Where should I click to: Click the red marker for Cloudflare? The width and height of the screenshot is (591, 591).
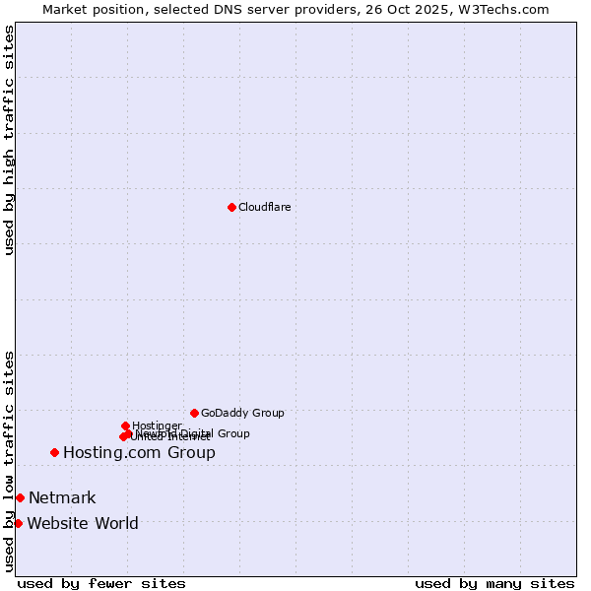click(x=231, y=207)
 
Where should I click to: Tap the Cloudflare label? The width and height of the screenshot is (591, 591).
click(x=264, y=207)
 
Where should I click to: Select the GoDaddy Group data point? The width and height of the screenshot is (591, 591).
click(x=194, y=413)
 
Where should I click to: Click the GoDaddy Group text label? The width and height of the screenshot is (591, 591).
click(x=242, y=413)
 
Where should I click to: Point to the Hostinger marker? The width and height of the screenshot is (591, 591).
click(x=125, y=426)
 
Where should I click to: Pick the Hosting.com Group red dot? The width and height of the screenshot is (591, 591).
click(x=54, y=452)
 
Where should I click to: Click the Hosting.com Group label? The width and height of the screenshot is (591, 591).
click(x=139, y=453)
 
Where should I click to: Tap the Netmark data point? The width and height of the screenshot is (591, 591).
click(x=20, y=497)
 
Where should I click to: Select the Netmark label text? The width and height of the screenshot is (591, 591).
click(x=62, y=498)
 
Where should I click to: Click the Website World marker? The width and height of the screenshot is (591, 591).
click(x=18, y=523)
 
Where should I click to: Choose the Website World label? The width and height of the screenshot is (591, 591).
click(x=83, y=524)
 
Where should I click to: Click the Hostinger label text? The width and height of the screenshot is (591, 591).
click(x=157, y=426)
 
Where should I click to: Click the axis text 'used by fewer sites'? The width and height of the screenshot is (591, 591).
click(x=101, y=583)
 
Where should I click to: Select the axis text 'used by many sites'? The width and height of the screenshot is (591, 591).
click(x=494, y=583)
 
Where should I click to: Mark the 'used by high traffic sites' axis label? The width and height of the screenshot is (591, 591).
click(x=9, y=141)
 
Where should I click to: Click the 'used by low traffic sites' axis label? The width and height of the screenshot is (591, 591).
click(x=9, y=460)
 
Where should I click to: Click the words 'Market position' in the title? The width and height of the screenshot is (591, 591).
click(x=88, y=9)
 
